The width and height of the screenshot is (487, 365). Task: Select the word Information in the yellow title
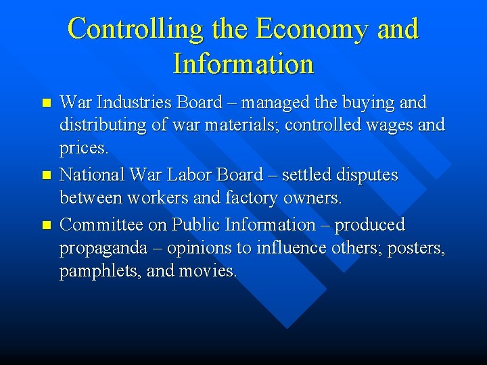243,64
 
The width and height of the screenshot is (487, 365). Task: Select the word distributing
102,125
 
